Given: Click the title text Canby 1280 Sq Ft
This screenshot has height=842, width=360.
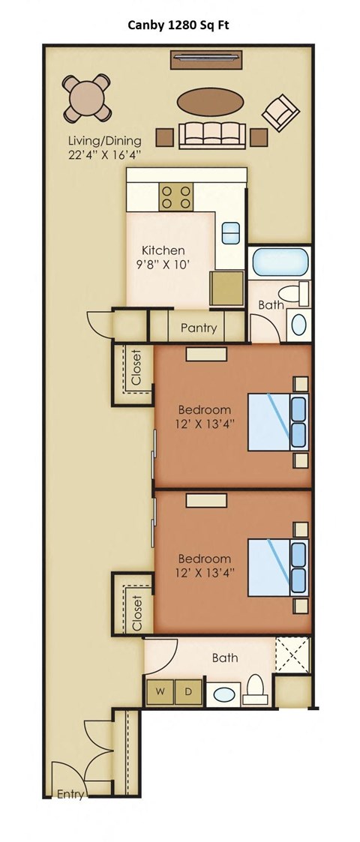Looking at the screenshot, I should [x=179, y=25].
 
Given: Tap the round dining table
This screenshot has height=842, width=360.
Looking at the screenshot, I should [x=87, y=98].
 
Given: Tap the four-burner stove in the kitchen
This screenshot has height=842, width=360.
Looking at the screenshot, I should [x=175, y=196].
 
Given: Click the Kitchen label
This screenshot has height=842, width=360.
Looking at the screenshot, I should [x=163, y=250].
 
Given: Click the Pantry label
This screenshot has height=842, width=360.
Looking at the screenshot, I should [x=199, y=328].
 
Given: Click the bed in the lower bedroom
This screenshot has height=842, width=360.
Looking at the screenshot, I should [x=277, y=568].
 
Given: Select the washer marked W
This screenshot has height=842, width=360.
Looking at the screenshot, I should [x=160, y=691].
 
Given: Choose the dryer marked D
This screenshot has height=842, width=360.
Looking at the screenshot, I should [x=188, y=691].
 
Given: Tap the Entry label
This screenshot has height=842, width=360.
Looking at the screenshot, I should [x=70, y=795].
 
